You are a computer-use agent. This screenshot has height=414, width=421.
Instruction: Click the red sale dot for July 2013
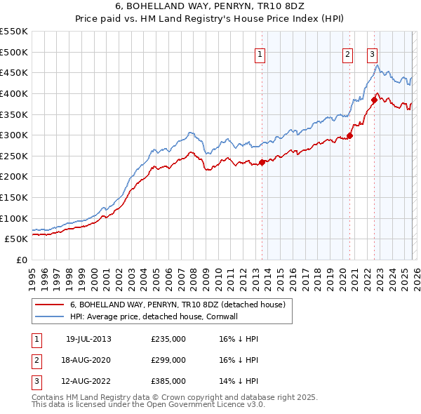[262, 162]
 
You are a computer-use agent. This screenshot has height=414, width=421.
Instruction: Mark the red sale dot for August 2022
[374, 100]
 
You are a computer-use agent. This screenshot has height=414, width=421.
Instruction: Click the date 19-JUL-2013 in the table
[88, 339]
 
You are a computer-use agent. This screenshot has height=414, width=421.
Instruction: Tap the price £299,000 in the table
[168, 360]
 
